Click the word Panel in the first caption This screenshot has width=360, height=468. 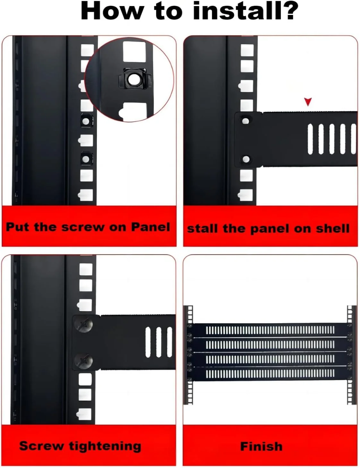[x=150, y=227]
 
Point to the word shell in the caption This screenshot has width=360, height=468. [x=332, y=228]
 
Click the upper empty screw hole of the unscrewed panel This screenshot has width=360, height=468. [x=245, y=121]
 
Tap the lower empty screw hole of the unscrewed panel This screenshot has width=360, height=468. [x=246, y=160]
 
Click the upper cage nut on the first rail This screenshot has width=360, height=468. [x=86, y=121]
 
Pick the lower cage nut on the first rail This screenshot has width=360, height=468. [x=87, y=159]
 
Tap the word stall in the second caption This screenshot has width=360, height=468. [x=202, y=228]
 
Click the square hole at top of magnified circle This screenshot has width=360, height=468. [x=134, y=52]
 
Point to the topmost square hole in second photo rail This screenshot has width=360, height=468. [x=247, y=50]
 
